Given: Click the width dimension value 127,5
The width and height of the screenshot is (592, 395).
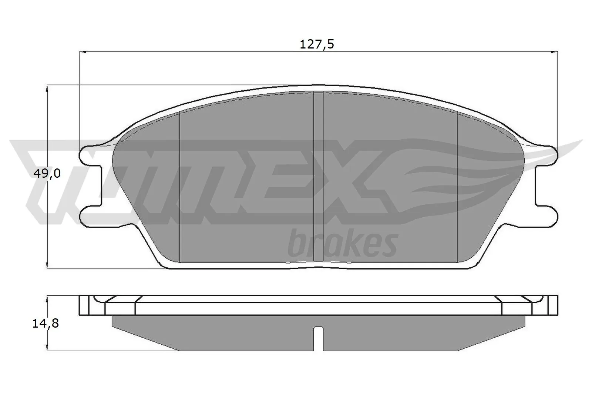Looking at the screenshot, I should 316,44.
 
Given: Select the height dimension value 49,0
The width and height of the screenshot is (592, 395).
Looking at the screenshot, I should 47,173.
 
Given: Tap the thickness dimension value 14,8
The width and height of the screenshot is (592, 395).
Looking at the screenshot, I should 46,324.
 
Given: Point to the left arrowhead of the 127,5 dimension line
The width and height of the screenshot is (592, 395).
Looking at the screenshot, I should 82,52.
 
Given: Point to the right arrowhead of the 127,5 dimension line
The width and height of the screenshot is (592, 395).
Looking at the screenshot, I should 555,52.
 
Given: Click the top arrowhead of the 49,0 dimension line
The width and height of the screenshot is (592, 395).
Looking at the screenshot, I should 47,88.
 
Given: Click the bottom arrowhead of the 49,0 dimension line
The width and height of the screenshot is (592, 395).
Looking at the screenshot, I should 47,266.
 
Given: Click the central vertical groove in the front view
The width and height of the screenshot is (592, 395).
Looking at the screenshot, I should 319,178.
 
